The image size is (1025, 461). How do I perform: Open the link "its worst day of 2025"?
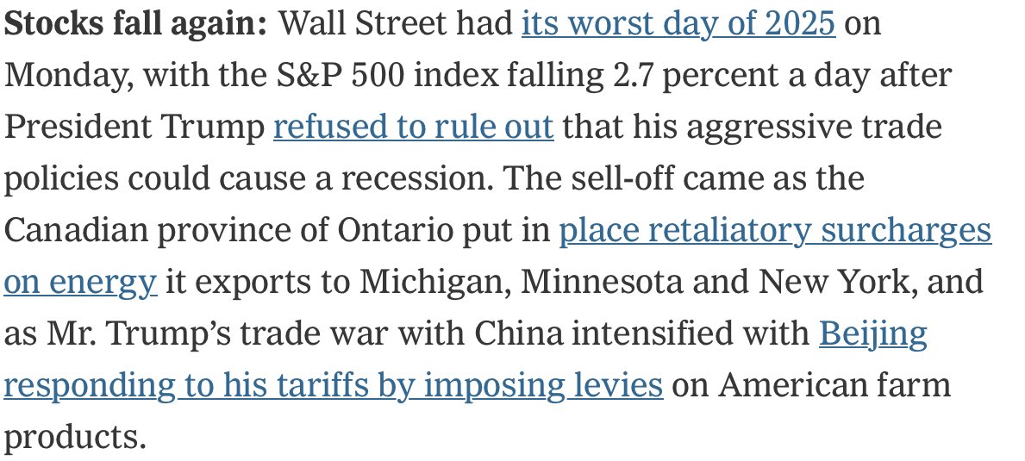678,24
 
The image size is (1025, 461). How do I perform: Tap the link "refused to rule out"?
413,128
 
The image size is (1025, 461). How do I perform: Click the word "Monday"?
66,76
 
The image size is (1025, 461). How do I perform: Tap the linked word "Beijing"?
872,334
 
